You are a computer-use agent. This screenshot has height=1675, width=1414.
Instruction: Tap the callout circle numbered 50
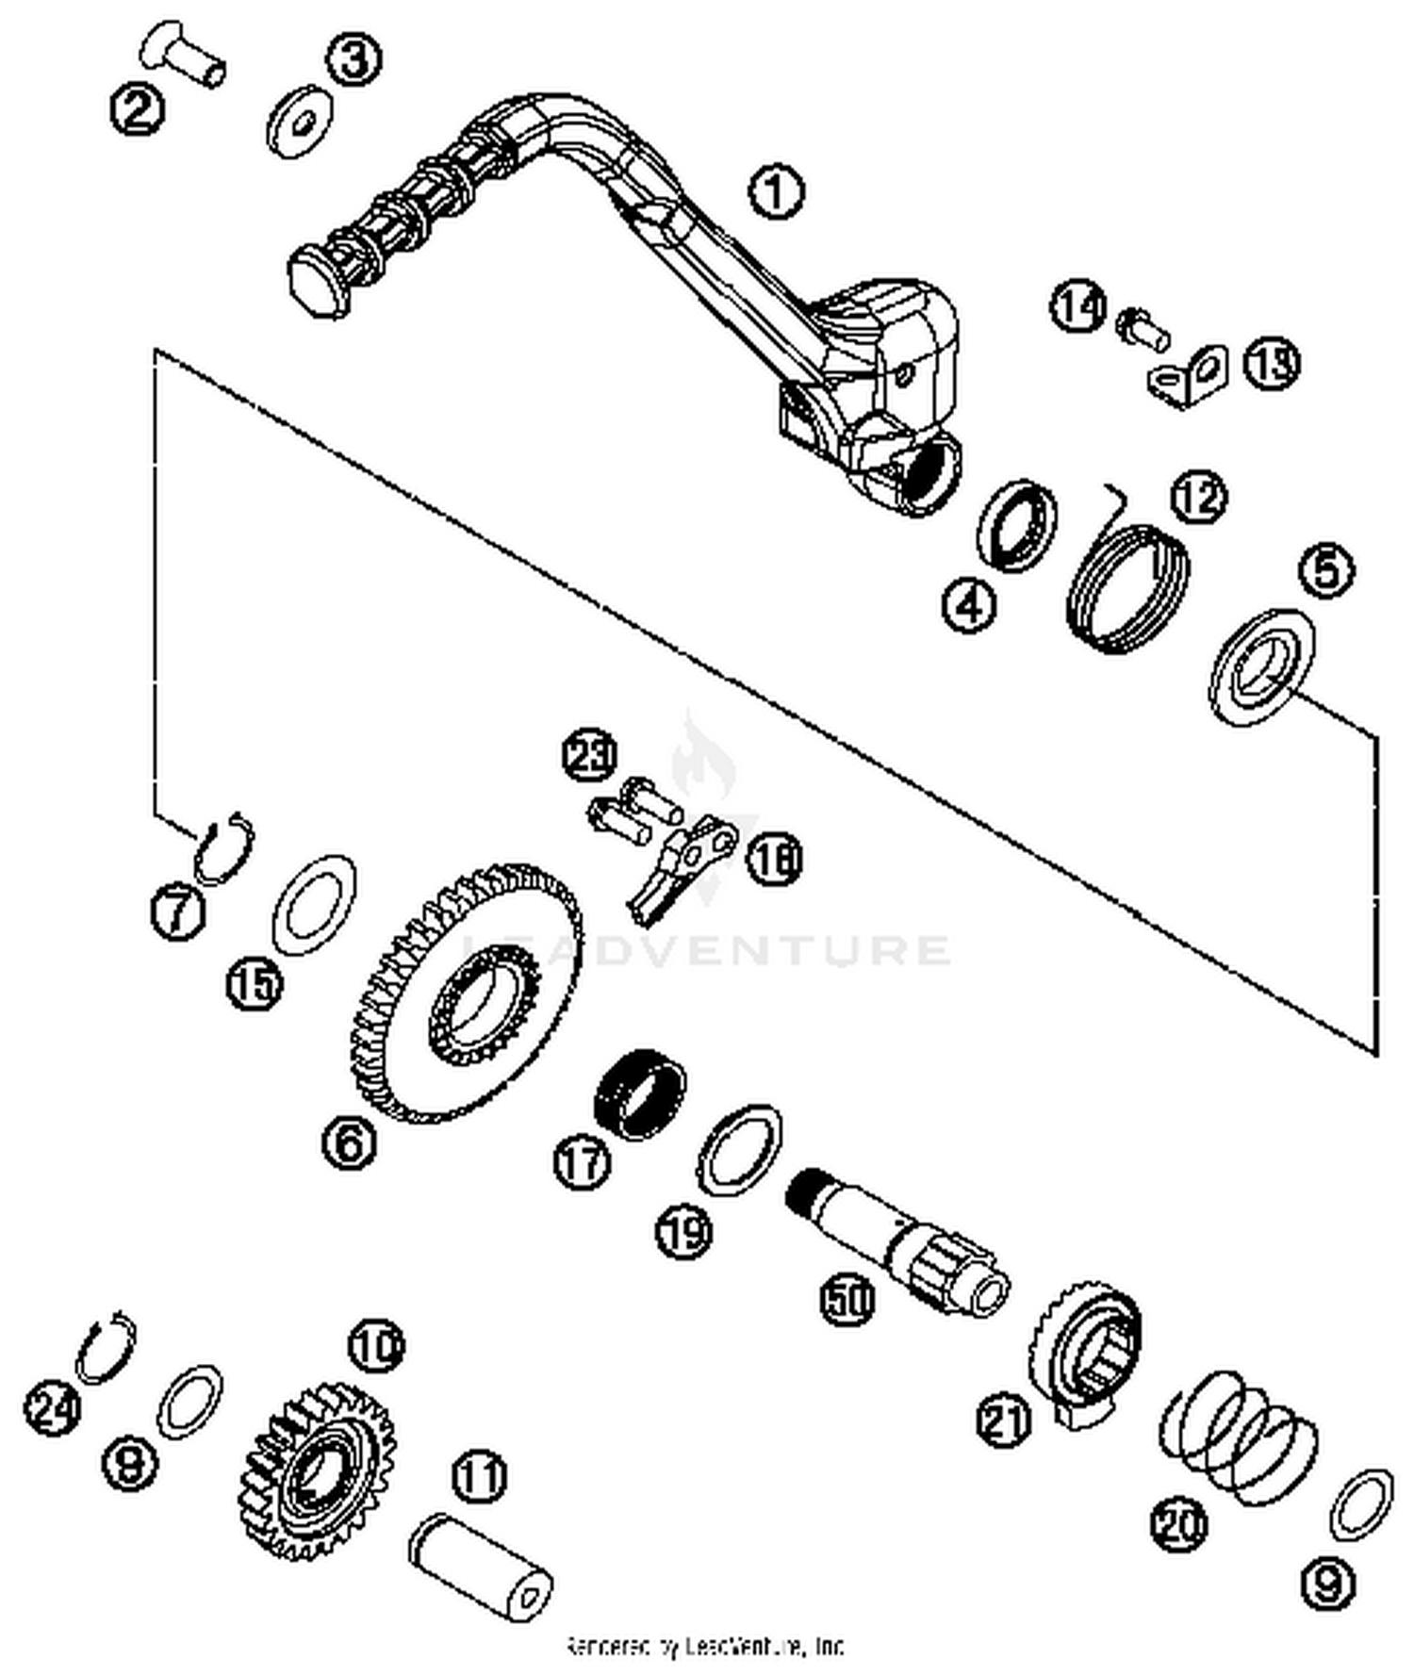(x=847, y=1299)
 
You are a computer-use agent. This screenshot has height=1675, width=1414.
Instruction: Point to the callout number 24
(x=52, y=1409)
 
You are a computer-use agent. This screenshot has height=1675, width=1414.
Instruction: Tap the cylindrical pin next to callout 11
(x=481, y=1566)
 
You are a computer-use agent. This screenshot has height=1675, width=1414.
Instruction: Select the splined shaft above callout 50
(x=896, y=1244)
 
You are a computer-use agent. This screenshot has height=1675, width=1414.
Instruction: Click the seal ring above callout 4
(x=1016, y=523)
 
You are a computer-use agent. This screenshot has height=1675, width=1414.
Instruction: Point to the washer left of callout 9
(x=1360, y=1505)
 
